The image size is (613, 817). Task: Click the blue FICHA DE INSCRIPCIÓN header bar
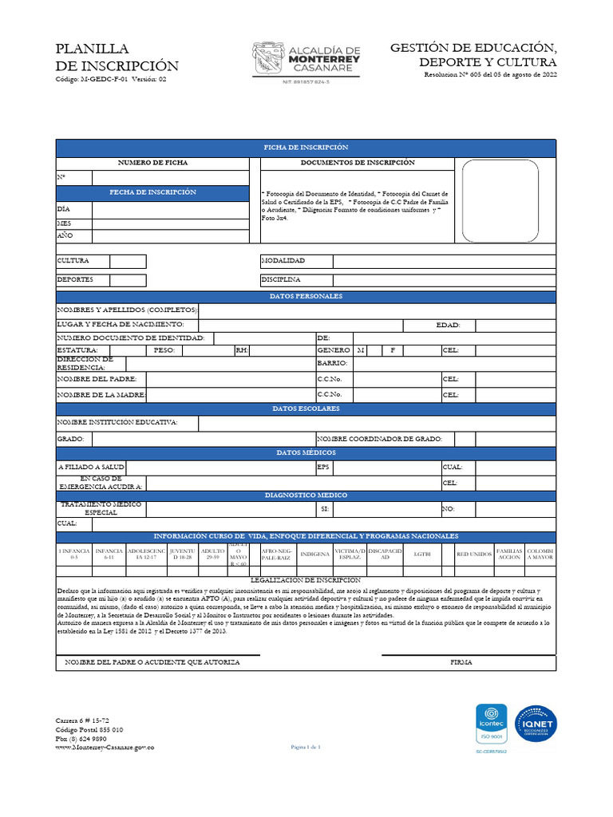(306, 148)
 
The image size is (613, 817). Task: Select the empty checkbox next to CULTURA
(128, 261)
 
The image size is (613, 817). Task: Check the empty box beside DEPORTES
(128, 280)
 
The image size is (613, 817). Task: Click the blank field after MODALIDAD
(444, 261)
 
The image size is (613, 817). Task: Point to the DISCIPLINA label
(281, 280)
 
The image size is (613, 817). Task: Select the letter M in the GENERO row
(361, 350)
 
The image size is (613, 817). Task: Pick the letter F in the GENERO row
(393, 350)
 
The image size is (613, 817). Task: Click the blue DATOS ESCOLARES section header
(306, 408)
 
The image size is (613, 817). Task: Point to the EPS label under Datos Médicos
(323, 467)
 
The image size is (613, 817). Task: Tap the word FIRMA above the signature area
(461, 662)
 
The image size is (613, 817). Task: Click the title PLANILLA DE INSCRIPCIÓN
(117, 57)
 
